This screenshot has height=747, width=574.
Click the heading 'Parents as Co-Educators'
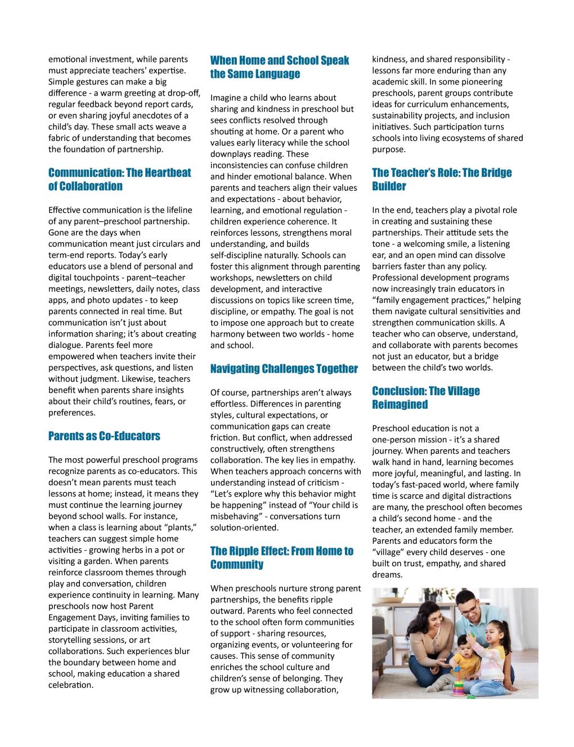(x=104, y=436)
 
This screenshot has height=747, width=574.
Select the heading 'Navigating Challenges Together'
(x=284, y=369)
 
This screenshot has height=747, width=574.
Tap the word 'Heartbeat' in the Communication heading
(x=165, y=173)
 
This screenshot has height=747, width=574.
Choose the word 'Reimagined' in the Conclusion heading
(x=400, y=405)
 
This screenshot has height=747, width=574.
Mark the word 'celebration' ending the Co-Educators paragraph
(x=70, y=685)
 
